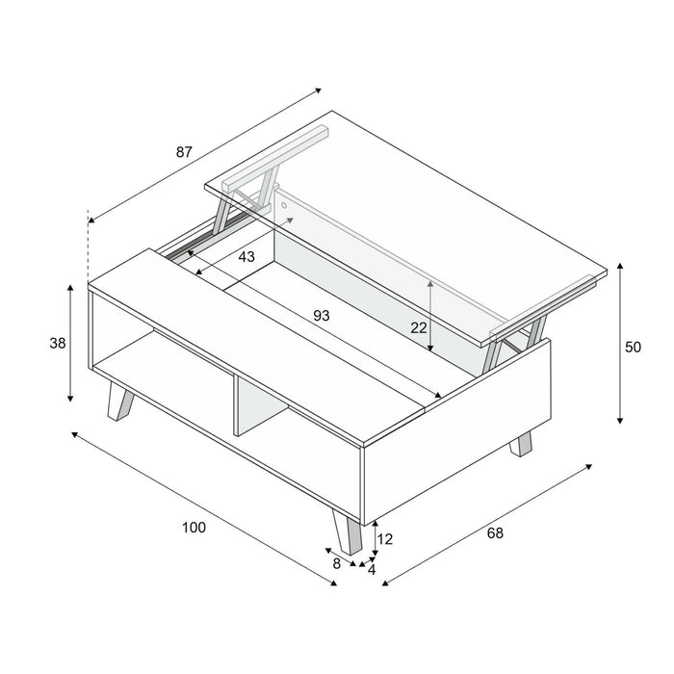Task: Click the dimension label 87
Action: (184, 152)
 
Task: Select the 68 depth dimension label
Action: (495, 532)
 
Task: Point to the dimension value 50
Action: (633, 348)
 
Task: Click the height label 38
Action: (57, 344)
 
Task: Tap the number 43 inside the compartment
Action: (246, 257)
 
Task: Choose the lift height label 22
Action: (419, 327)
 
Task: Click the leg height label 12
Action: (385, 540)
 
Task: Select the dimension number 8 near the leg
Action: (337, 563)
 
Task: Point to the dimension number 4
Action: (372, 570)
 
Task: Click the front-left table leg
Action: (120, 402)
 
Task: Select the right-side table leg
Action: (521, 443)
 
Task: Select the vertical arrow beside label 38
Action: (70, 343)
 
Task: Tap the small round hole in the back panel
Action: (284, 204)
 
